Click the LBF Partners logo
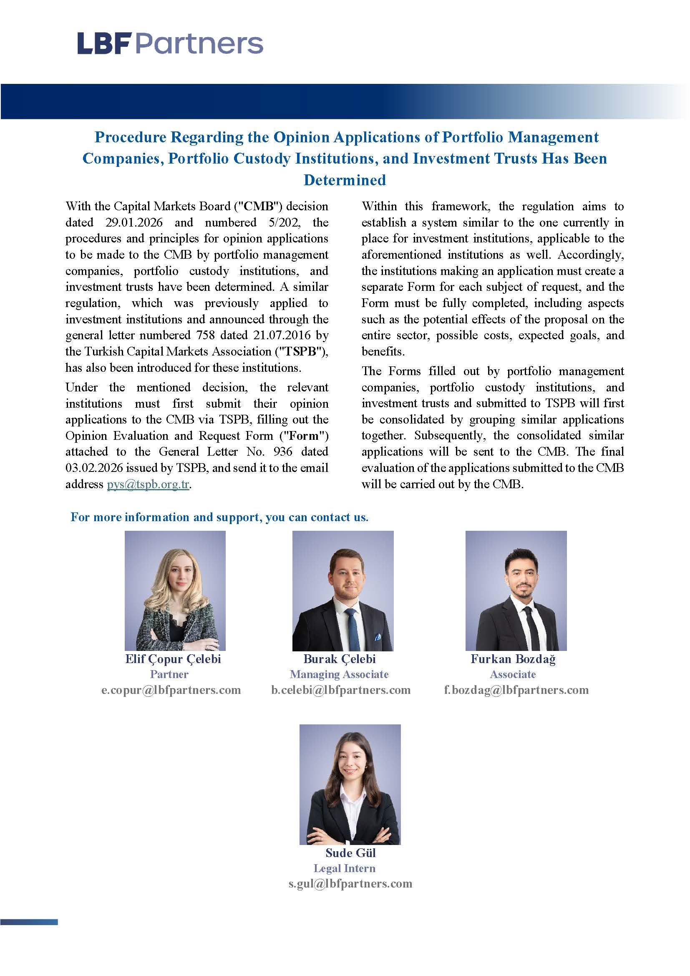(x=170, y=44)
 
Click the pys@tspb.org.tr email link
(x=148, y=484)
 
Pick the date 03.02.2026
(x=94, y=468)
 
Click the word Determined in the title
(x=345, y=180)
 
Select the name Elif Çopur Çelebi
(x=173, y=659)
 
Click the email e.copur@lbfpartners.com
(x=171, y=689)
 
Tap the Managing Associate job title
(x=339, y=674)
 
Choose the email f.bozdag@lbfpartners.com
(x=516, y=689)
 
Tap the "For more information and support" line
(x=219, y=517)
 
